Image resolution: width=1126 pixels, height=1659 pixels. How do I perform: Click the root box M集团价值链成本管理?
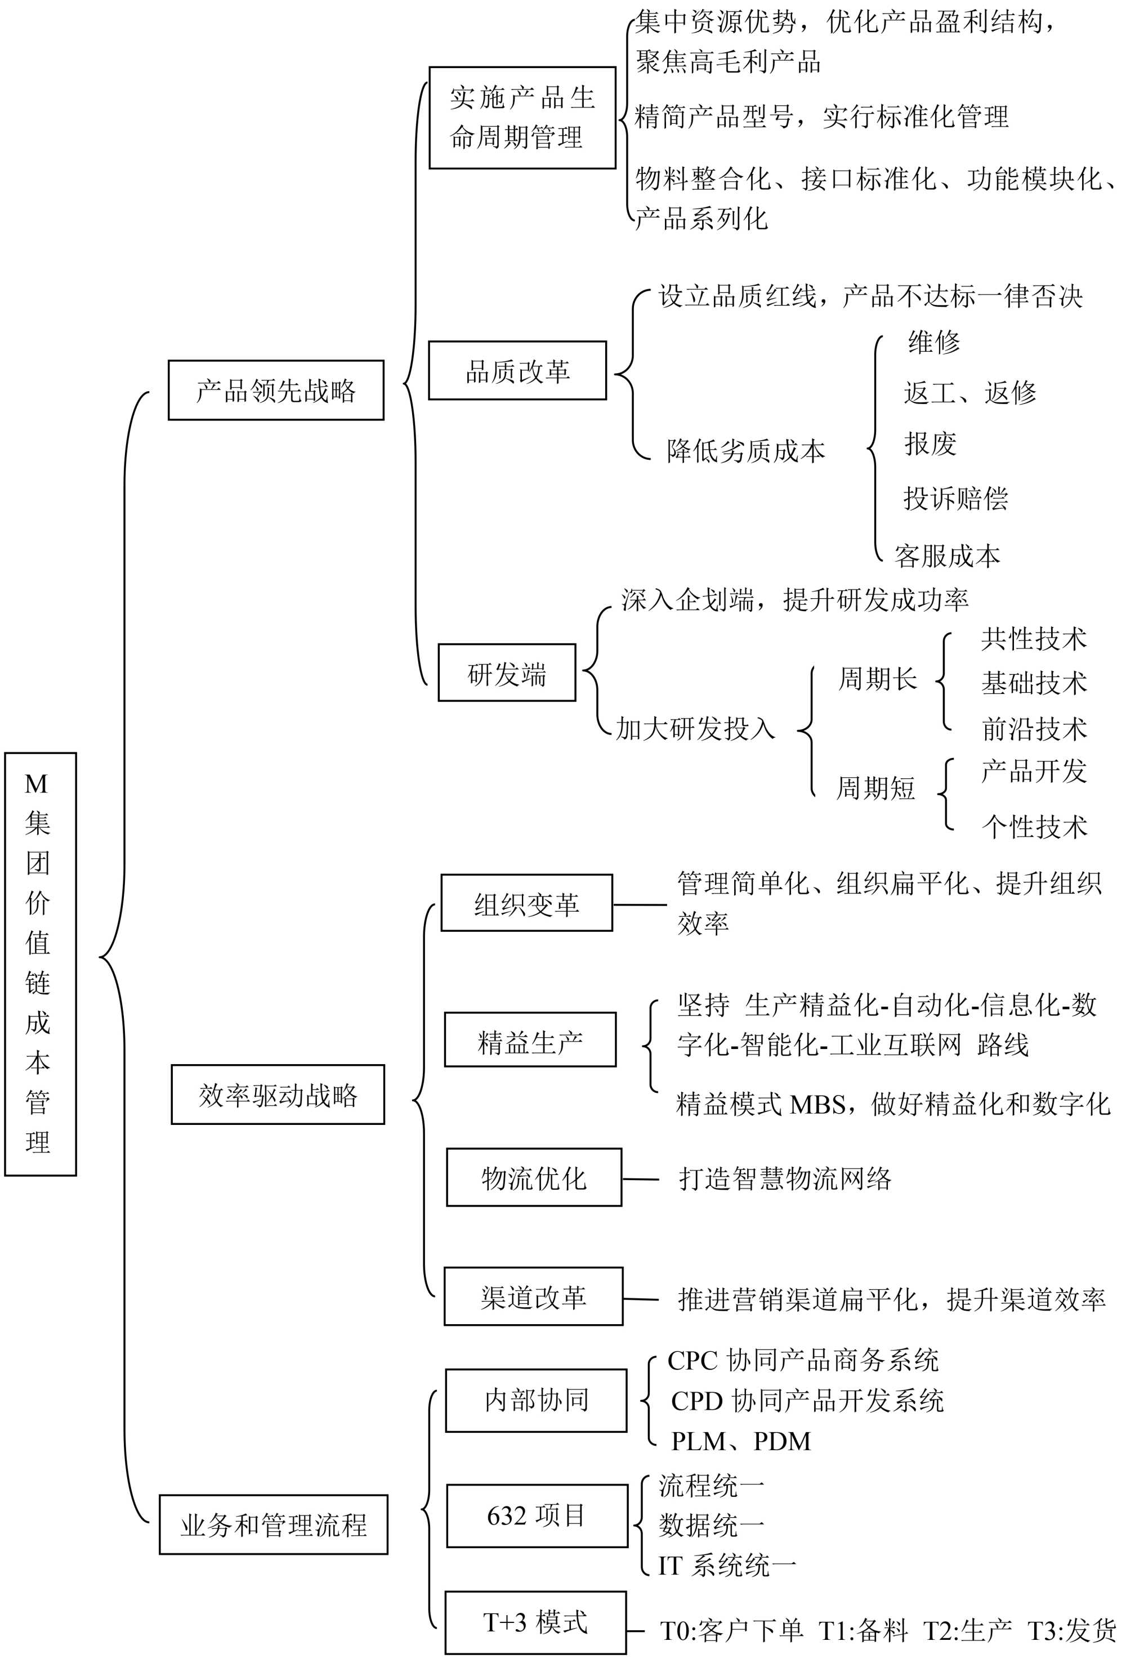pyautogui.click(x=40, y=963)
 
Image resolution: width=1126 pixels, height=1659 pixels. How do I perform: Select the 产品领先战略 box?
pyautogui.click(x=276, y=391)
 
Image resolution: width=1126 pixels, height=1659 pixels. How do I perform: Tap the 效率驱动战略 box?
pyautogui.click(x=278, y=1095)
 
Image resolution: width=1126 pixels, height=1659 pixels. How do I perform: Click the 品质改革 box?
pyautogui.click(x=517, y=370)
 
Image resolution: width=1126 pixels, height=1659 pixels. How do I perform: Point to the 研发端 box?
pyautogui.click(x=506, y=673)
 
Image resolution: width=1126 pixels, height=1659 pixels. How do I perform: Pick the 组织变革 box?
pyautogui.click(x=526, y=903)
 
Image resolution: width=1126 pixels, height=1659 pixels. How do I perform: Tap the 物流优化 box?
pyautogui.click(x=533, y=1178)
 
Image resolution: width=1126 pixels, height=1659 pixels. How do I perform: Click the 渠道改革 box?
pyautogui.click(x=533, y=1297)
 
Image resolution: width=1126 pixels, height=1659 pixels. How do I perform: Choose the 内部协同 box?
pyautogui.click(x=535, y=1401)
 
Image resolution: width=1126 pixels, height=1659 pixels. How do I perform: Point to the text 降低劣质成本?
pyautogui.click(x=745, y=450)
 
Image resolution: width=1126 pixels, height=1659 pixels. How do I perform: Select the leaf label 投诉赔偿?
pyautogui.click(x=955, y=497)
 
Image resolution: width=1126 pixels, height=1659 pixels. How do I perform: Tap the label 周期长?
pyautogui.click(x=877, y=678)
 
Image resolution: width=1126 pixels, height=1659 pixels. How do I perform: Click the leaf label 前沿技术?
pyautogui.click(x=1034, y=729)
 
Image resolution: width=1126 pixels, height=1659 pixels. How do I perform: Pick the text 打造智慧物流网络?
pyautogui.click(x=785, y=1178)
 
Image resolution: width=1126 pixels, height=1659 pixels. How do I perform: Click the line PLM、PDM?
pyautogui.click(x=741, y=1441)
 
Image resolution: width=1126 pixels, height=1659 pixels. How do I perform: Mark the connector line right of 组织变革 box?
pyautogui.click(x=640, y=904)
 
